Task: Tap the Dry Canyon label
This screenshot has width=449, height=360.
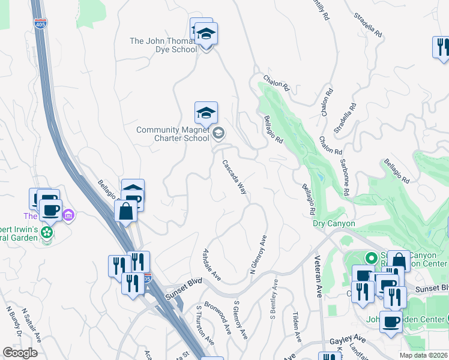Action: [334, 224]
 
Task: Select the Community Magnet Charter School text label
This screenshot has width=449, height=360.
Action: [173, 134]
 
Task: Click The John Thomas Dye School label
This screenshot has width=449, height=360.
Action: [163, 45]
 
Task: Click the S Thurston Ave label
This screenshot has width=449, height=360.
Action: [205, 326]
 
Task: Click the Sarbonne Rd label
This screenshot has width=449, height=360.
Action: [345, 178]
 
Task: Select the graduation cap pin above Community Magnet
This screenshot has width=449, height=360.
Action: [206, 112]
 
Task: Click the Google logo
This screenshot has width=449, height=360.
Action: [20, 352]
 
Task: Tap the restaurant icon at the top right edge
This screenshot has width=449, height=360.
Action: [442, 47]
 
